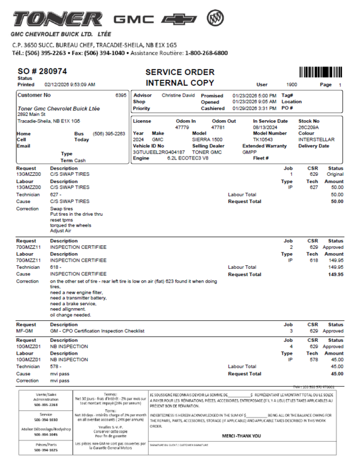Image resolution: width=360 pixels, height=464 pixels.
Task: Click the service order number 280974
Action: [x=51, y=71]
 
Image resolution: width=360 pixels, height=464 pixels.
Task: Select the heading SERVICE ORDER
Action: [x=180, y=72]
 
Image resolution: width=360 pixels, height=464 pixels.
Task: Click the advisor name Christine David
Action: [x=178, y=95]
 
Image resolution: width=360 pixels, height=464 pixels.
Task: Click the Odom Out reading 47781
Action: [x=218, y=127]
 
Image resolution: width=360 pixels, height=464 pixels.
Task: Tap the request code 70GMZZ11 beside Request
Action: [x=28, y=246]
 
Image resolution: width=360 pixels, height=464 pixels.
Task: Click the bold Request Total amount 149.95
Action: [x=334, y=274]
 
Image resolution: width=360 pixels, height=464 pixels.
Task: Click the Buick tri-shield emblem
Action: [x=214, y=19]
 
